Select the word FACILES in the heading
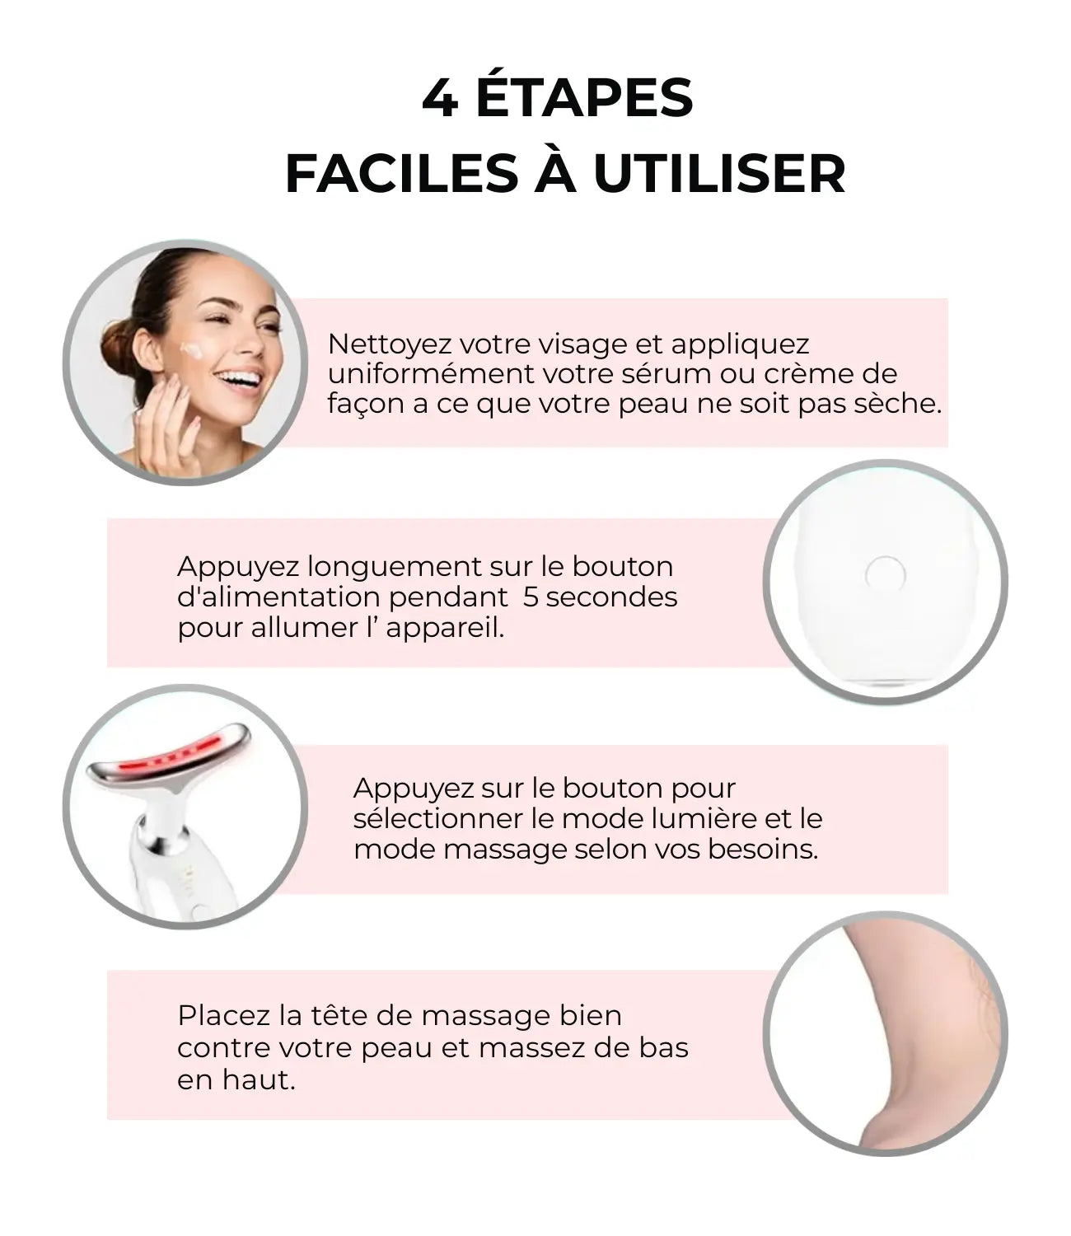coord(402,175)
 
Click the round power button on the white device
coord(885,575)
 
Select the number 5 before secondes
coord(531,597)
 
